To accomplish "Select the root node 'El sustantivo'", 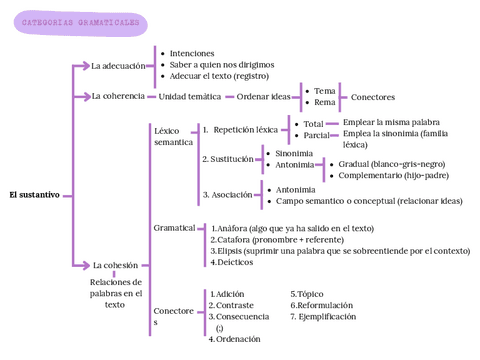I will coord(34,194).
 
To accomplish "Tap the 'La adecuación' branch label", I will coord(118,66).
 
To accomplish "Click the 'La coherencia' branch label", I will coord(118,97).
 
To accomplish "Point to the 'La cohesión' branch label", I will coord(114,265).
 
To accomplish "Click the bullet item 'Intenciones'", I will coord(192,53).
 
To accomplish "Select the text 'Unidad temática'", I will coord(190,97).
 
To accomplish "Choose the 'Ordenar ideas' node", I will coord(263,97).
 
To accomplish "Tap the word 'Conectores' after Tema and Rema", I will coord(373,97).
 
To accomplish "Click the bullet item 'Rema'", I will coord(325,103).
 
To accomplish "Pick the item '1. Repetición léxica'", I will coord(241,129).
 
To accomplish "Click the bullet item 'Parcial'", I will coord(316,135).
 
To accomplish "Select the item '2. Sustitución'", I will coord(227,159).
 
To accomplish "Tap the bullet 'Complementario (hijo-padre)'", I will coord(391,175).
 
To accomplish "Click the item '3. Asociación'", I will coord(228,195).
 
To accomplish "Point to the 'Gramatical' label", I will coord(174,228).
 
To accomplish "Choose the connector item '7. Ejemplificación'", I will coord(323,316).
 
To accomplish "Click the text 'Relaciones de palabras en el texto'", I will coord(115,293).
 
